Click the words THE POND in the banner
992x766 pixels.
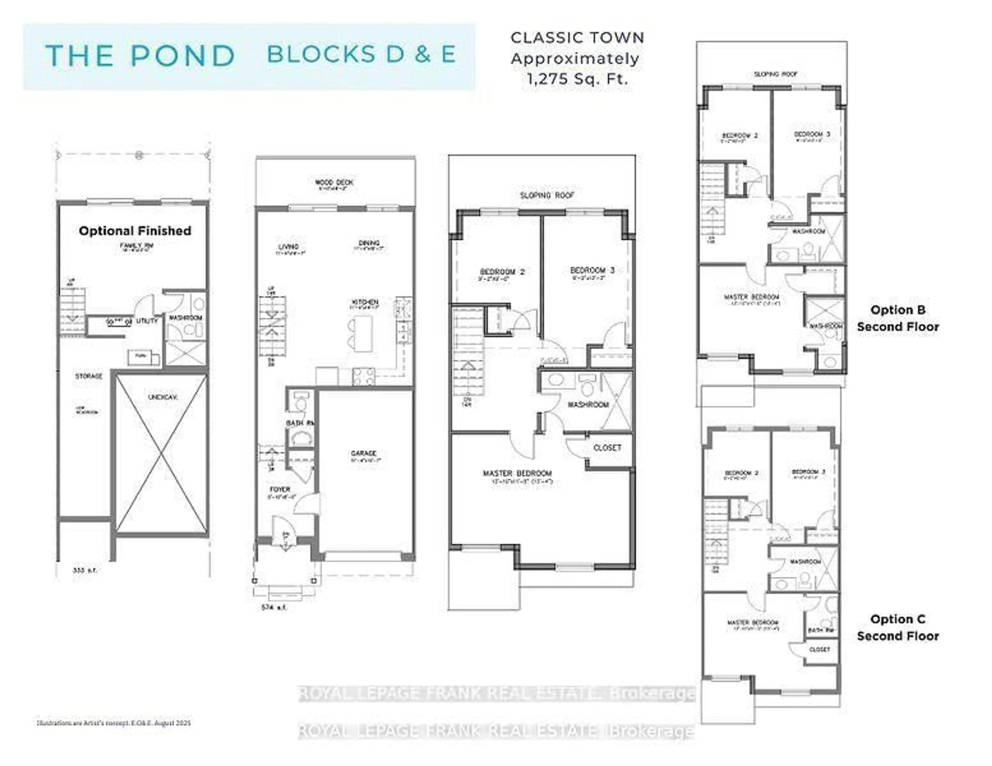pos(139,56)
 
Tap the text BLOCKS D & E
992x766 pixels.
pos(361,55)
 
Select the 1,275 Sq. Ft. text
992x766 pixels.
pos(577,79)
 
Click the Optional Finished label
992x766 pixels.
pos(135,231)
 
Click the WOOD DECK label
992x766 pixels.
pos(334,182)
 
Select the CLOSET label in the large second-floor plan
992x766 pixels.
pos(607,447)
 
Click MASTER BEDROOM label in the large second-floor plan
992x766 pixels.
pos(517,473)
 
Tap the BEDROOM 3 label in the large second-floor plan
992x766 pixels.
pos(592,270)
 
